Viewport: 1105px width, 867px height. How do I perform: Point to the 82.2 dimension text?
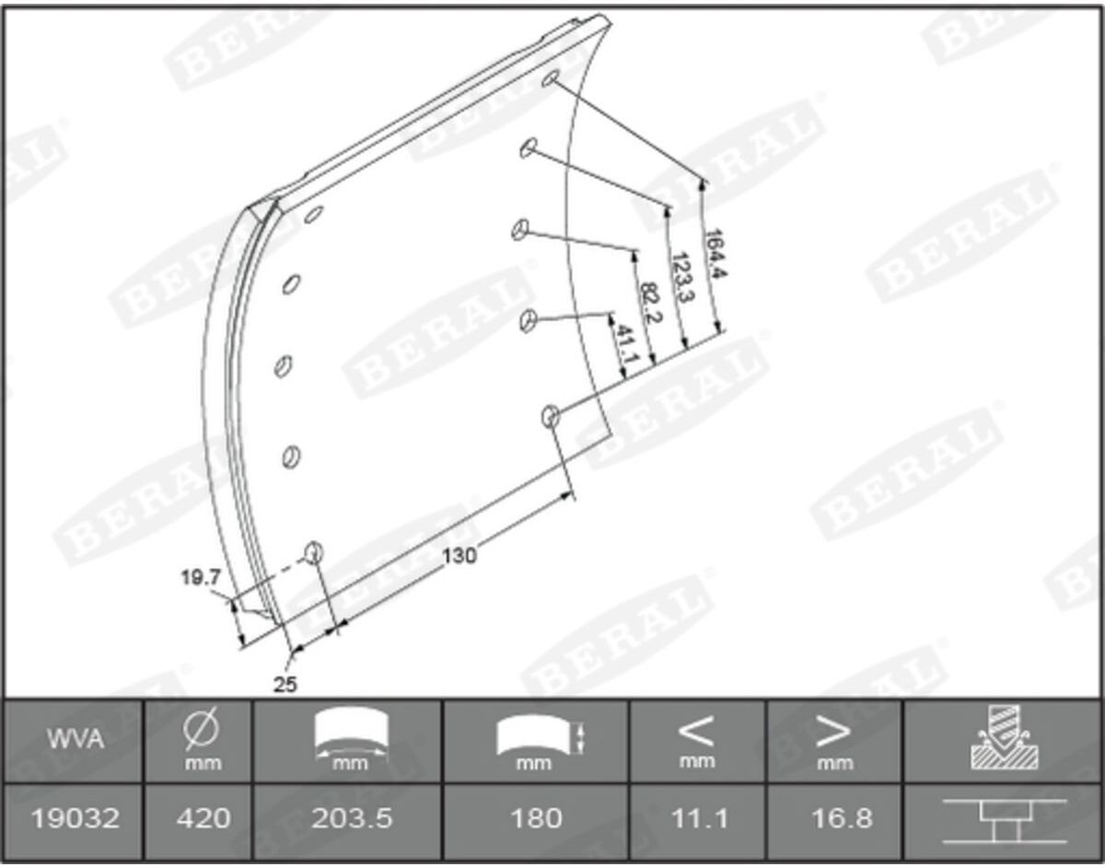coord(651,304)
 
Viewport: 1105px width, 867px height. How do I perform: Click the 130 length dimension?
coord(459,556)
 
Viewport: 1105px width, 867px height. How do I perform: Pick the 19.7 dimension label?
coord(201,578)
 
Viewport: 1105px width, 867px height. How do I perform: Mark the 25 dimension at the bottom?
coord(285,685)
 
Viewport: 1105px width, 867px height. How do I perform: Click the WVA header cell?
coord(76,740)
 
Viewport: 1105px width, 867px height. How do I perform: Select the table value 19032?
coord(76,818)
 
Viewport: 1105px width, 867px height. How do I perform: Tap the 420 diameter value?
coord(204,818)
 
